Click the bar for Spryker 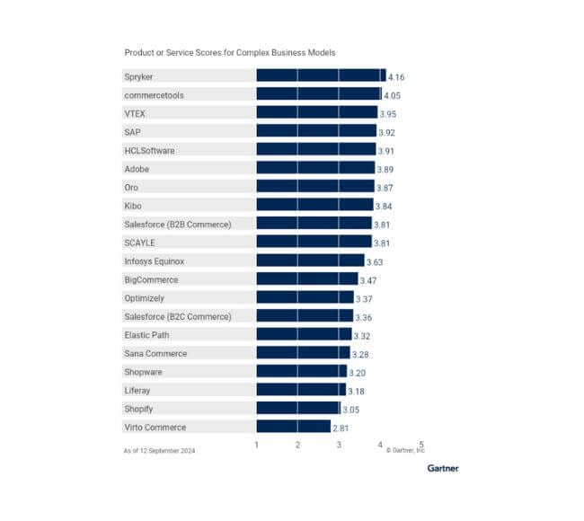coord(321,75)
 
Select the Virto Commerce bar coord(293,427)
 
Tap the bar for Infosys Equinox coord(310,260)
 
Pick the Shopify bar coord(298,408)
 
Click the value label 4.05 coord(392,95)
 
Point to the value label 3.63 coord(375,261)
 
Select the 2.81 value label coord(341,428)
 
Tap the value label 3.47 coord(368,280)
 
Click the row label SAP coord(132,131)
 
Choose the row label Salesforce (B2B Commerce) coord(178,224)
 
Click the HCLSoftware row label coord(149,150)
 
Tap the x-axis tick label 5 coord(420,444)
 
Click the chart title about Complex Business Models coord(229,53)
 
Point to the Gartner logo coord(442,468)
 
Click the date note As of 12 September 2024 coord(159,450)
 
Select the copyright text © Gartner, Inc coord(404,450)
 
